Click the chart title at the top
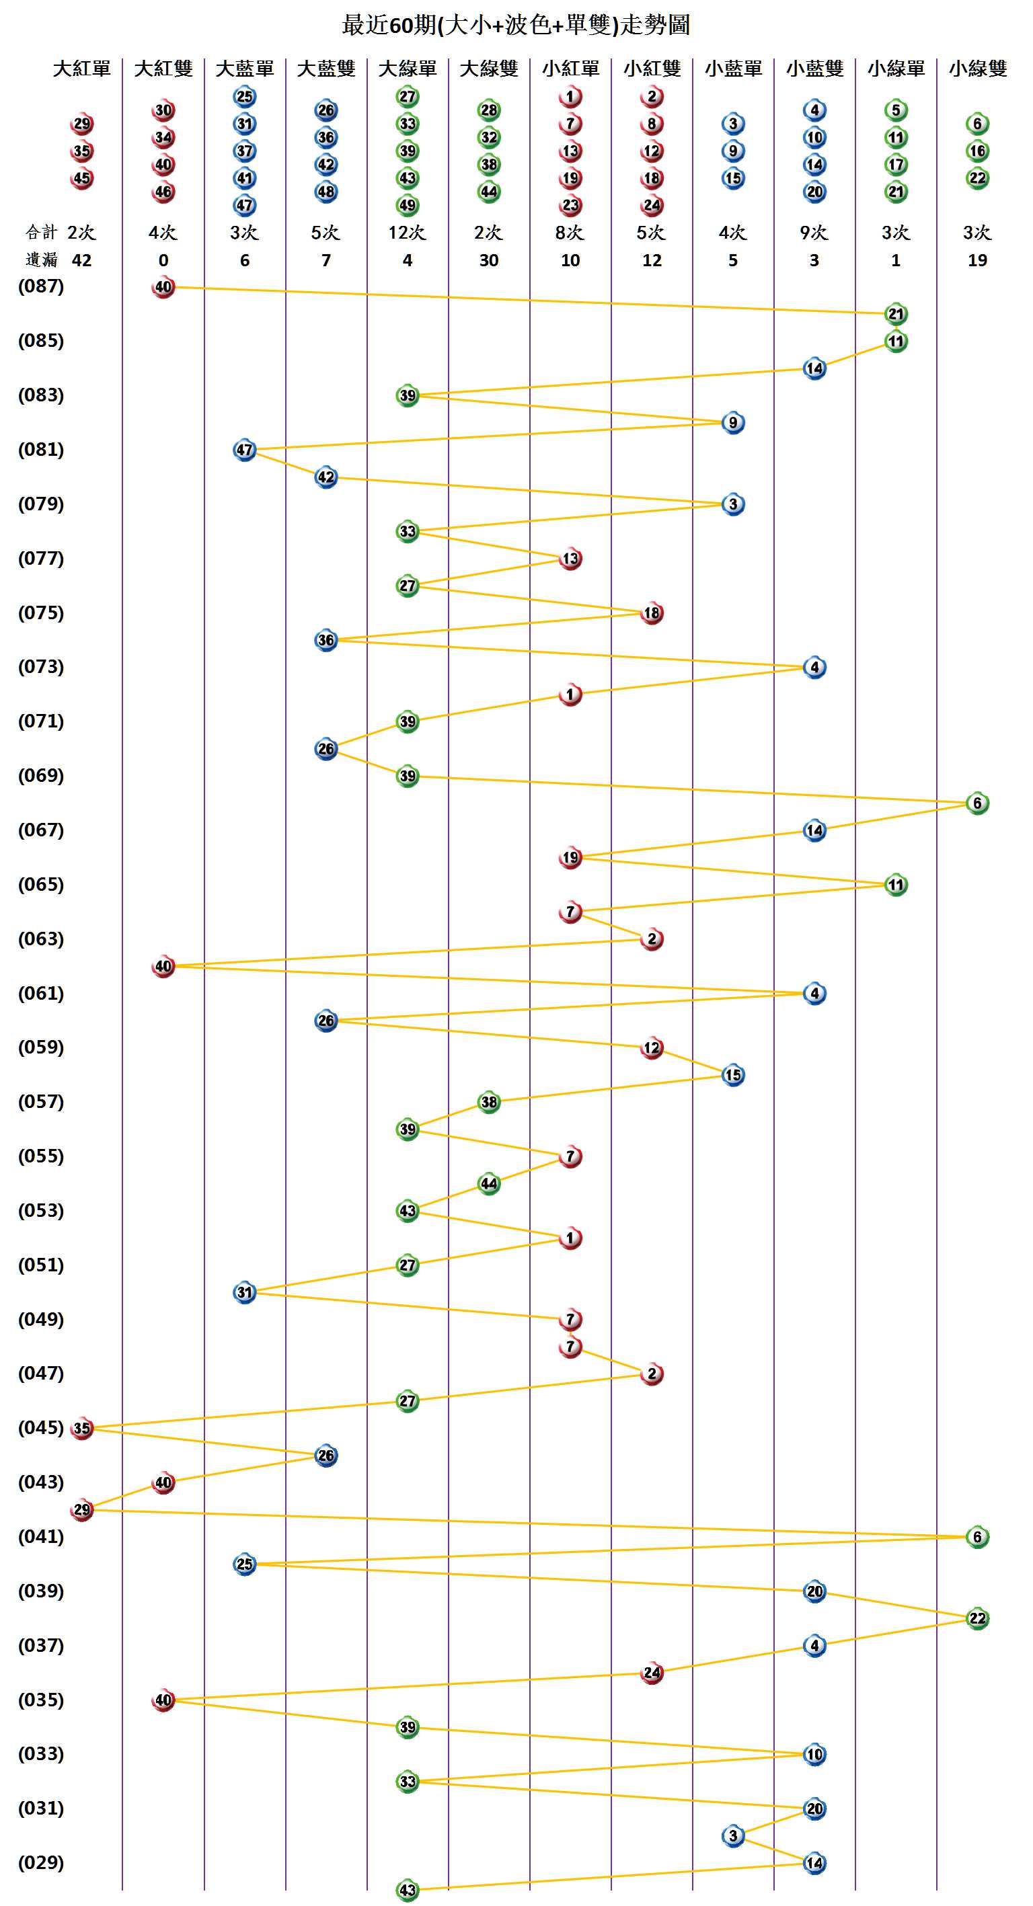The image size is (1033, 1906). tap(516, 25)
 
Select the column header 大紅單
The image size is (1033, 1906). tap(81, 69)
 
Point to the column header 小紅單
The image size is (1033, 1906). tap(570, 69)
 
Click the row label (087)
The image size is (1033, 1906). tap(41, 286)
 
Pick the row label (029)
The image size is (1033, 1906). tap(41, 1862)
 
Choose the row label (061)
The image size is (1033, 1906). tap(41, 993)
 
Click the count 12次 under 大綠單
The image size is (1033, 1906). tap(407, 233)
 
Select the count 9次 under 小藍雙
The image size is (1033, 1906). tap(814, 233)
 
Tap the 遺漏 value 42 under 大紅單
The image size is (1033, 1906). tap(81, 260)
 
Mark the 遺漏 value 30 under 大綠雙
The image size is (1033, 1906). tap(488, 260)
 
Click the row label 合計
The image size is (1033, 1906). tap(41, 233)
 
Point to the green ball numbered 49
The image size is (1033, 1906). tap(408, 205)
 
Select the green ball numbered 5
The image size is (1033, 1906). tap(896, 110)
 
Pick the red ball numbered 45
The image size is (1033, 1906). tap(82, 178)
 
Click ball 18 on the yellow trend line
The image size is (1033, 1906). tap(652, 612)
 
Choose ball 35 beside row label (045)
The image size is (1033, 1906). tap(82, 1428)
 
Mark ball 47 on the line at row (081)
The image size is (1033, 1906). tap(245, 450)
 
